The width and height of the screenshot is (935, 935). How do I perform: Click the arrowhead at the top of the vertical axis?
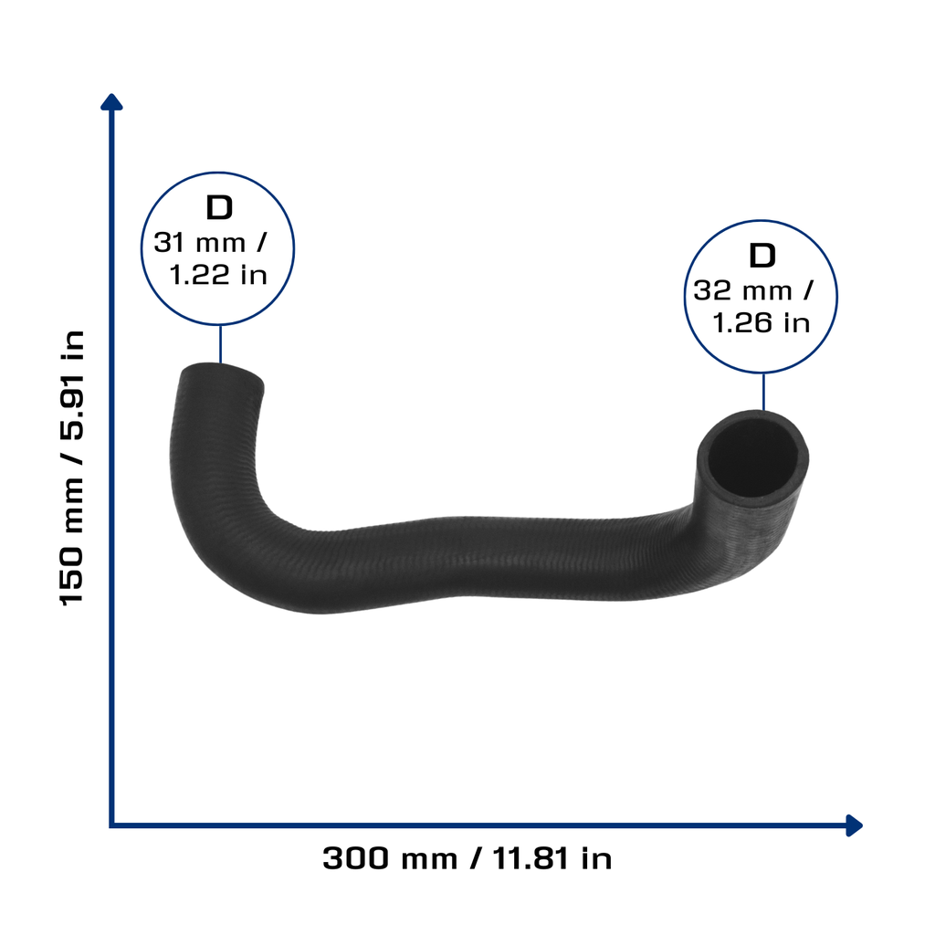pyautogui.click(x=111, y=102)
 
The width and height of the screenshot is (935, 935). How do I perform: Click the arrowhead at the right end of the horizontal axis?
pyautogui.click(x=854, y=825)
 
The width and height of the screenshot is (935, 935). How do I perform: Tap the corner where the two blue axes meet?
pyautogui.click(x=111, y=825)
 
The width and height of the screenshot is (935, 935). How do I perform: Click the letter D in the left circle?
pyautogui.click(x=219, y=207)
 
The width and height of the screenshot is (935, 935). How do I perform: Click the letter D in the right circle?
pyautogui.click(x=762, y=256)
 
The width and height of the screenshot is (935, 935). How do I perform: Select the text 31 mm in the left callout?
pyautogui.click(x=200, y=243)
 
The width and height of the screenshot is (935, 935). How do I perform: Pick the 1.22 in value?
pyautogui.click(x=217, y=275)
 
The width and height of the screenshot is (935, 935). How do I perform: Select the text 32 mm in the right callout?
pyautogui.click(x=742, y=291)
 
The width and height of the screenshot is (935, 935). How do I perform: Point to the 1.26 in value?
pyautogui.click(x=762, y=323)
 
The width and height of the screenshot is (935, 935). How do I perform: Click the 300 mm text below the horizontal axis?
pyautogui.click(x=390, y=858)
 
